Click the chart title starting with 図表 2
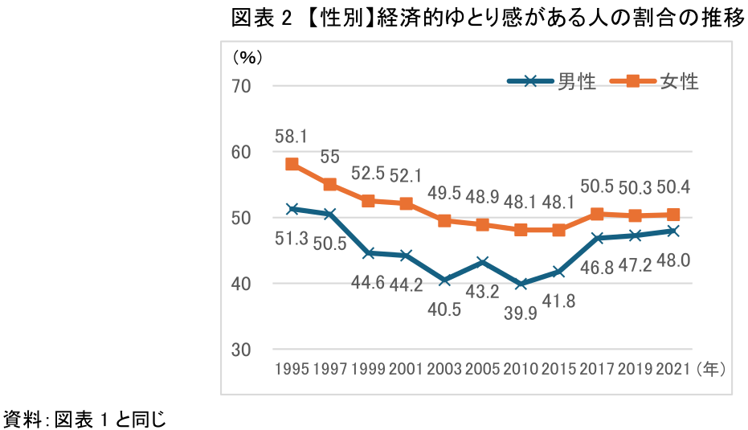488,19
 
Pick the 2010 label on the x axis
521,370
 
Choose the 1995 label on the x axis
292,370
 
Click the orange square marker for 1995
292,164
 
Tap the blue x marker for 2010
521,284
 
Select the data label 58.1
291,137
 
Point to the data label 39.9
519,311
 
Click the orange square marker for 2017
597,214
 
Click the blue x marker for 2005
483,262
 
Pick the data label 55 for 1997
329,158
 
